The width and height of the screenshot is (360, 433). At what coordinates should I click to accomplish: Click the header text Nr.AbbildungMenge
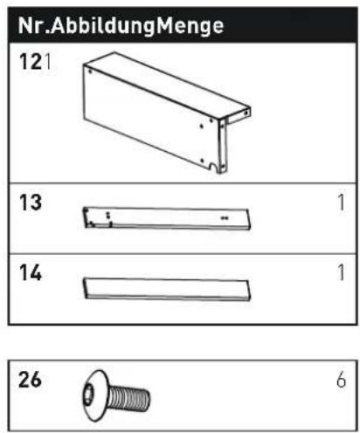pos(121,26)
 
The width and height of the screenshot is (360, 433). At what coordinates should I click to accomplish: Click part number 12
pos(31,62)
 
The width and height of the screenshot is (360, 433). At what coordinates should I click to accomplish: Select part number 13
pos(31,203)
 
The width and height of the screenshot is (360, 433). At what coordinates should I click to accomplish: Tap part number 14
pos(31,272)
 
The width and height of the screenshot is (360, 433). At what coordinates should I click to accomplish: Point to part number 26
pos(30,380)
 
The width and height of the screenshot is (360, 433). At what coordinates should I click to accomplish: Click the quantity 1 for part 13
pos(342,203)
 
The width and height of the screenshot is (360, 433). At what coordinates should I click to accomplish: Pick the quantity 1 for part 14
pos(342,272)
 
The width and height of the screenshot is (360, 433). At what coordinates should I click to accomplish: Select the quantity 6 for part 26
pos(341,380)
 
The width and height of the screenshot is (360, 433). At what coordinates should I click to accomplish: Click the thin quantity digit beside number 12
pos(48,62)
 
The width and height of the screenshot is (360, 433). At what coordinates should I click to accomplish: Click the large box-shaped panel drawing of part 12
pos(167,113)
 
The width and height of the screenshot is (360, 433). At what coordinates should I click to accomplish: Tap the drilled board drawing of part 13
pos(167,218)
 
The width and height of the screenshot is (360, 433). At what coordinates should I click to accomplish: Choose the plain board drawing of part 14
pos(167,289)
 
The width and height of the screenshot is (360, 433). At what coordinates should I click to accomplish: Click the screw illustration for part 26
pos(116,395)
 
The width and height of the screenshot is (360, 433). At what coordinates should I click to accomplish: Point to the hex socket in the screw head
pos(88,395)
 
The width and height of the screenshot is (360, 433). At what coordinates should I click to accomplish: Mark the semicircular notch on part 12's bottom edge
pos(214,168)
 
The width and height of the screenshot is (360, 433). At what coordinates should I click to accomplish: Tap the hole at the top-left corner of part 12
pos(90,72)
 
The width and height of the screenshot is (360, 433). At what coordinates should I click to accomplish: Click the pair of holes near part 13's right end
pos(225,217)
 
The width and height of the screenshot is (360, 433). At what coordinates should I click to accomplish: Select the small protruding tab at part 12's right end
pos(239,116)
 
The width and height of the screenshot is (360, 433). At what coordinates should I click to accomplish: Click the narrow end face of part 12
pos(223,146)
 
